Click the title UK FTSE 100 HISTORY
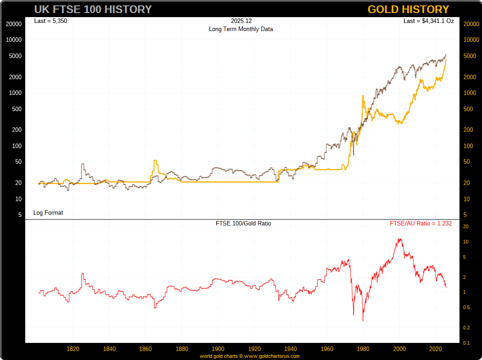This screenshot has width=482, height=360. (x=93, y=9)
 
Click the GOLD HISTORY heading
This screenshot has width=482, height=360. (x=408, y=9)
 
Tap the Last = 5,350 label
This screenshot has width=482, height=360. (x=51, y=21)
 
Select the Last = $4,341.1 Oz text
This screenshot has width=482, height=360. (x=428, y=21)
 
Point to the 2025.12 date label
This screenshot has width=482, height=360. (x=241, y=21)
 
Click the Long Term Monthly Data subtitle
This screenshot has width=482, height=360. (x=241, y=29)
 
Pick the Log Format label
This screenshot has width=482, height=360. (x=48, y=212)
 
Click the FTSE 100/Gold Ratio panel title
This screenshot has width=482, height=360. (x=244, y=223)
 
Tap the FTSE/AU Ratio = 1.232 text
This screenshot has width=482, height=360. (x=421, y=223)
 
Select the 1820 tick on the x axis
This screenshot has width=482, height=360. (x=73, y=349)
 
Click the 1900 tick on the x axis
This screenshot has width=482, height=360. (x=218, y=349)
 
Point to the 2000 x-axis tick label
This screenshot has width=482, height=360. (x=400, y=349)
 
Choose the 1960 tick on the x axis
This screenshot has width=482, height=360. (x=327, y=349)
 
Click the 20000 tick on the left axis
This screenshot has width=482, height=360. (x=14, y=24)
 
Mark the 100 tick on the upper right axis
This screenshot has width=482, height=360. (x=468, y=146)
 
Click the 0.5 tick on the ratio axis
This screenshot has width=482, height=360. (x=467, y=308)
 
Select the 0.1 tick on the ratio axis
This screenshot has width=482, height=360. (x=467, y=343)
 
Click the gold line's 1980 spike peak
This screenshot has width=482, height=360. (x=363, y=95)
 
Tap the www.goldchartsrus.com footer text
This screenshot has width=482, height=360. (x=272, y=356)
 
